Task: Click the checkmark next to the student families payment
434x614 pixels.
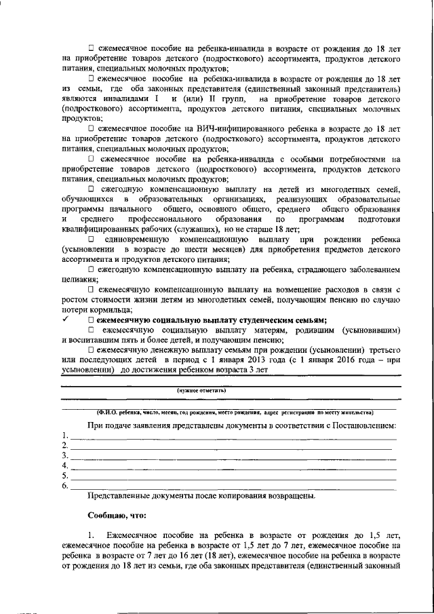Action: point(65,320)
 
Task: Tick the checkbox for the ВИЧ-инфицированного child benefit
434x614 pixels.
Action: point(91,128)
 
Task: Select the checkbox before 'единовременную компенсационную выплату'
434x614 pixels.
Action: point(91,241)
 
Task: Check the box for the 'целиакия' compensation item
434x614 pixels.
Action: point(91,269)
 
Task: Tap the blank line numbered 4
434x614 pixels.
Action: point(231,467)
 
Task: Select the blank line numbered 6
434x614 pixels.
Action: point(231,486)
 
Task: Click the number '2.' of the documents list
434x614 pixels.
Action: point(65,446)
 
